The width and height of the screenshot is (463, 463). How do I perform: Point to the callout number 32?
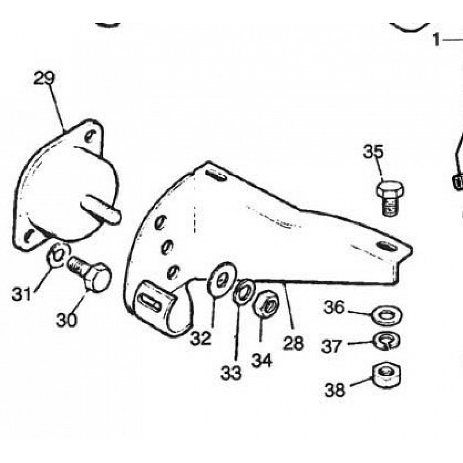pyautogui.click(x=201, y=338)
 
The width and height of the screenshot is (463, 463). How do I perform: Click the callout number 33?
pyautogui.click(x=230, y=373)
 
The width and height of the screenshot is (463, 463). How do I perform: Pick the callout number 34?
pyautogui.click(x=262, y=359)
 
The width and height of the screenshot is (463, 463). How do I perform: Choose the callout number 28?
pyautogui.click(x=293, y=343)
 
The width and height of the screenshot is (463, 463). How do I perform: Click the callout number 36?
pyautogui.click(x=334, y=307)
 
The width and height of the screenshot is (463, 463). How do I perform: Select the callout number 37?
pyautogui.click(x=332, y=346)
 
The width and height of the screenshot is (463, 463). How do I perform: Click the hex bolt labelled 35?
pyautogui.click(x=389, y=197)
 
